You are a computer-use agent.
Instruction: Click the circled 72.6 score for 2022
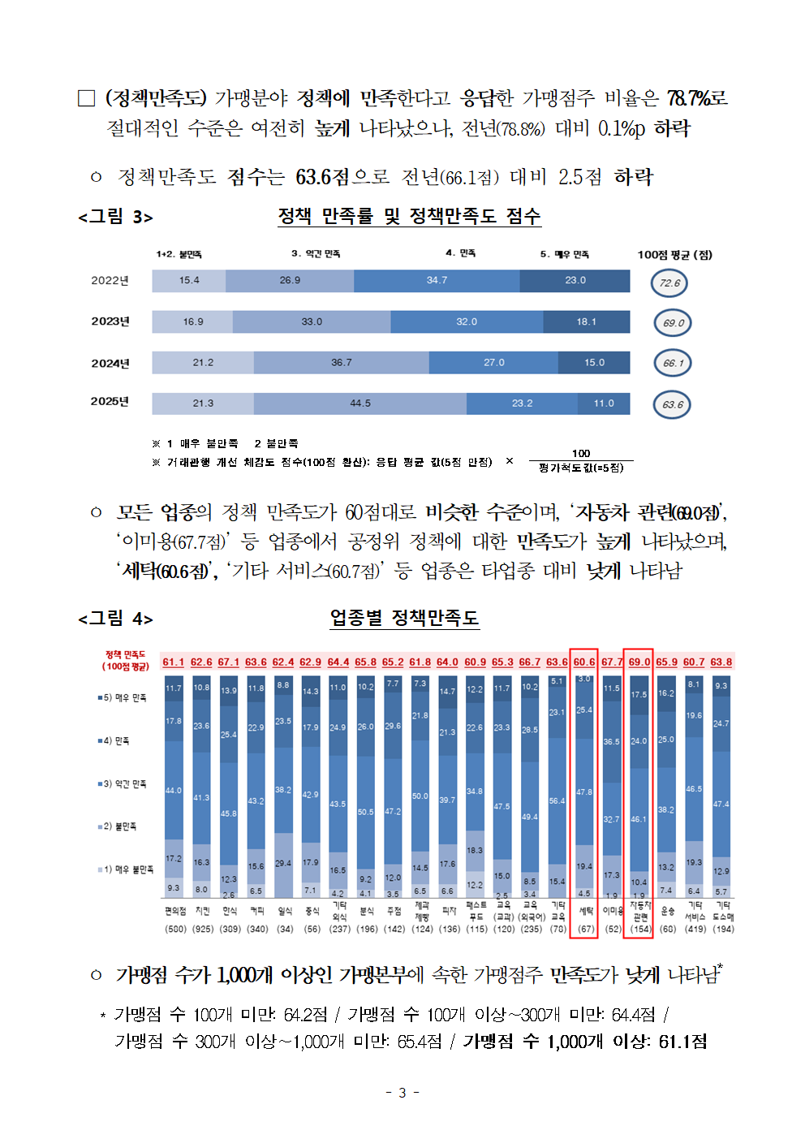[x=669, y=283]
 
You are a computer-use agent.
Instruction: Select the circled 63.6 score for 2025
[x=672, y=404]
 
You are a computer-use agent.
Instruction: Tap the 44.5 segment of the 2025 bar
[x=360, y=403]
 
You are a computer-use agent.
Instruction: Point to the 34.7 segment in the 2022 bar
[x=437, y=280]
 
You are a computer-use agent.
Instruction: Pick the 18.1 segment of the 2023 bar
[x=586, y=321]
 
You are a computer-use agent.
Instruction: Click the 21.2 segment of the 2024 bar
[x=203, y=363]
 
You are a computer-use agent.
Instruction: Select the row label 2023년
[x=110, y=321]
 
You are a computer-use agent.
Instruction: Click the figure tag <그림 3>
[x=115, y=217]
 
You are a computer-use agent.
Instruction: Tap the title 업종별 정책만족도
[x=404, y=618]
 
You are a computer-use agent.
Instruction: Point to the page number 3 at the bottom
[x=402, y=1093]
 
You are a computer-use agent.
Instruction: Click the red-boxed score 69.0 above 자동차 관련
[x=639, y=662]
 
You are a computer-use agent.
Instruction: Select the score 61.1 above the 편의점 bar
[x=173, y=662]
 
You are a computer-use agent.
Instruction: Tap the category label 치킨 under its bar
[x=202, y=911]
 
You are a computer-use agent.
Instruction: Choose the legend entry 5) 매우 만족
[x=123, y=697]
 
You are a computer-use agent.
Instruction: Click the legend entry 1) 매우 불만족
[x=126, y=869]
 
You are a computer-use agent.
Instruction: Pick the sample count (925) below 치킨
[x=202, y=929]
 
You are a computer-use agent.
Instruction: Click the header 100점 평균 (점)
[x=674, y=255]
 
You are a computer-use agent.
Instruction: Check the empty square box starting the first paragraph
[x=87, y=98]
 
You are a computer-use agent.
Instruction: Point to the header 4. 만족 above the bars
[x=460, y=253]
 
